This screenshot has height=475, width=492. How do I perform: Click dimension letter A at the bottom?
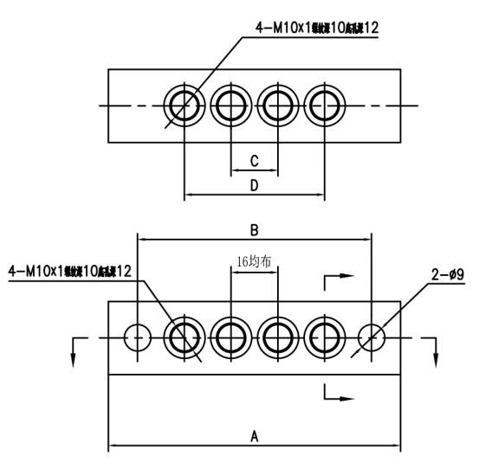click(x=254, y=437)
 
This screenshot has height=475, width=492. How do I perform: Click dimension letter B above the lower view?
click(x=255, y=229)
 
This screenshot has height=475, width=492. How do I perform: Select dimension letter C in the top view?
click(x=254, y=161)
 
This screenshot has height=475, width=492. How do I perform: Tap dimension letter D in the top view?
click(x=254, y=184)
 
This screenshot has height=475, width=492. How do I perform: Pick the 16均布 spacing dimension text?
click(x=254, y=259)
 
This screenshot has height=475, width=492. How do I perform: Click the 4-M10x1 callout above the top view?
click(x=317, y=28)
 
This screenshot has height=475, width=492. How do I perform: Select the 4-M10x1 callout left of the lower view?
click(x=69, y=272)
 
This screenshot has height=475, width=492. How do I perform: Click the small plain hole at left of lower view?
click(x=138, y=337)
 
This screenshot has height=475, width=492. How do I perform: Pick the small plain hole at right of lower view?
click(x=371, y=337)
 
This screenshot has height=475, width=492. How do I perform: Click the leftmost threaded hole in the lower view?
click(x=184, y=337)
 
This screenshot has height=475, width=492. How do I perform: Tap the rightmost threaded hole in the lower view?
click(x=325, y=337)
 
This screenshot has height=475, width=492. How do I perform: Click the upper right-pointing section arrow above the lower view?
click(x=340, y=278)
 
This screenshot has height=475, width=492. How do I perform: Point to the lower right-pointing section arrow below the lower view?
click(x=340, y=398)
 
